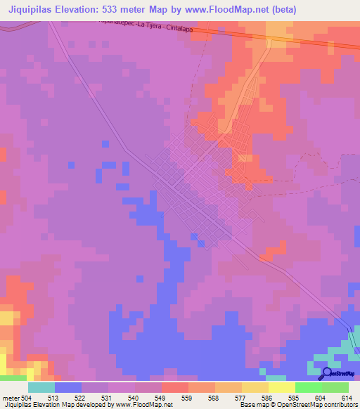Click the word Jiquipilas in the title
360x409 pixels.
pyautogui.click(x=32, y=10)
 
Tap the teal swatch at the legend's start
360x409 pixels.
pyautogui.click(x=41, y=387)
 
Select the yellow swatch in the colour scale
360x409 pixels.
pyautogui.click(x=282, y=387)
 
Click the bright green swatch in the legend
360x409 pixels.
pyautogui.click(x=309, y=387)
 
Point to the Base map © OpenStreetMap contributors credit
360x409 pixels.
pyautogui.click(x=298, y=405)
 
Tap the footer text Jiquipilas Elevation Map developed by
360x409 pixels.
pyautogui.click(x=58, y=405)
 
